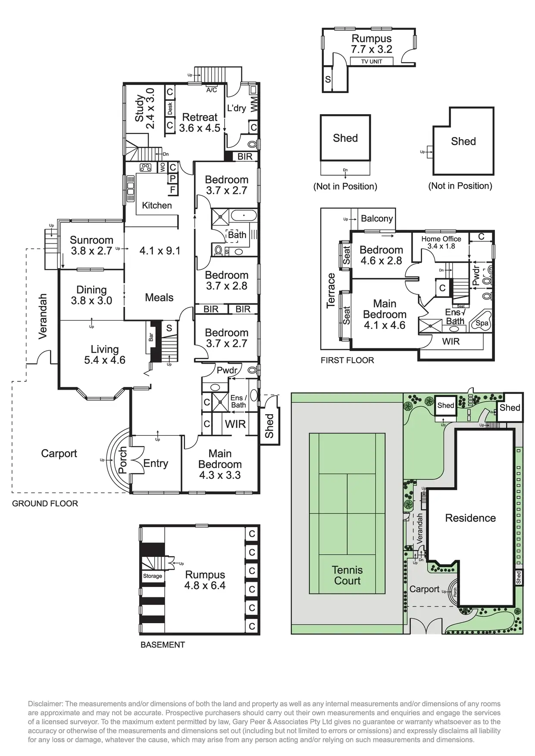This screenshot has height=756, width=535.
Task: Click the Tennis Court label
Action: pos(347,575)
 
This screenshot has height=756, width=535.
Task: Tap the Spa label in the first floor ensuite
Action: pos(482,323)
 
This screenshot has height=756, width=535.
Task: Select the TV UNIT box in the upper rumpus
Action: pos(372,61)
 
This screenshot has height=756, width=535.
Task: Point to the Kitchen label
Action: pos(157,205)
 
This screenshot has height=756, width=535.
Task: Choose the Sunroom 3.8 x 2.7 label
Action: pos(91,245)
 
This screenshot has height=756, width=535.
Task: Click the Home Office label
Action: pos(441,239)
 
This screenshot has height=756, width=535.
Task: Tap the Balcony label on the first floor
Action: pos(377,218)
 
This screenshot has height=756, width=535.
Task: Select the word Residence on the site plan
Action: pos(470,518)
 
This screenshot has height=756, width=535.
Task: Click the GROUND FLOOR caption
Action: pos(45,503)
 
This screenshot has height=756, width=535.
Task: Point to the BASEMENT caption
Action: pos(163,644)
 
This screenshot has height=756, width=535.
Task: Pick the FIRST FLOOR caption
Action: pos(347,360)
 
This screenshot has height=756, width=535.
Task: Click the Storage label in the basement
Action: pos(153,576)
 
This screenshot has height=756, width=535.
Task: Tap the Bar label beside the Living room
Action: pos(151,337)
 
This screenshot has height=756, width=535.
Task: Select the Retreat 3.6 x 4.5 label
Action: pos(200,122)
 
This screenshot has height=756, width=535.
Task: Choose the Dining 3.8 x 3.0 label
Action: pos(91,295)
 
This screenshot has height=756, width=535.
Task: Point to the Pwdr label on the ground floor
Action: pos(227,370)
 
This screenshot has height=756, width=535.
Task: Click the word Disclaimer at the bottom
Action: pos(45,703)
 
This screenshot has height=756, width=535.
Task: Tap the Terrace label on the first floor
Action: pos(331,290)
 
